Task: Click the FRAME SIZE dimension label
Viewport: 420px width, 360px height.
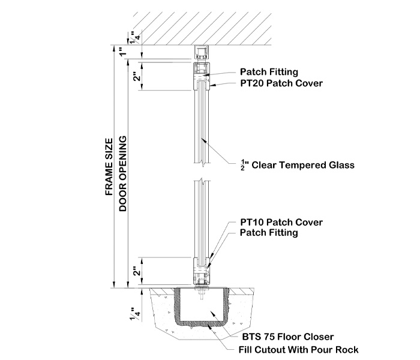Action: click(109, 167)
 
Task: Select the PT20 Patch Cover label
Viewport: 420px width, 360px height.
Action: click(281, 83)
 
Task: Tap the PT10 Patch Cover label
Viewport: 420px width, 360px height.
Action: click(281, 222)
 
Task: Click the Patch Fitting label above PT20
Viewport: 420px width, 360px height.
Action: click(269, 72)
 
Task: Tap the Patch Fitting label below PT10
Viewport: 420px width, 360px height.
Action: click(269, 233)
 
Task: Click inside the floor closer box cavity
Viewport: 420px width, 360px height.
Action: click(202, 309)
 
